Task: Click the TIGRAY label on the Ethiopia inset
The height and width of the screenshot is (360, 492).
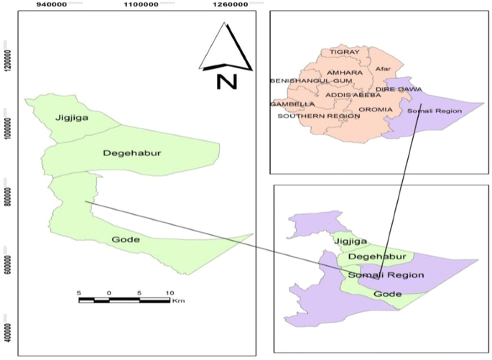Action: [x=343, y=52]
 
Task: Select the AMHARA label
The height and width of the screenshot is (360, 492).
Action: [x=344, y=73]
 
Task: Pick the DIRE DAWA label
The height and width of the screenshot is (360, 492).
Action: [x=399, y=89]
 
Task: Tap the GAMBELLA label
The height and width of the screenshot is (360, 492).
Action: [x=288, y=104]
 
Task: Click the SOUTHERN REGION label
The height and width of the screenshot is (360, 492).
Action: [x=308, y=116]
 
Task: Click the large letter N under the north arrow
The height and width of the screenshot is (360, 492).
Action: [x=226, y=80]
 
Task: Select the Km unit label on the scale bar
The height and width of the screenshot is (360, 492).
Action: [x=179, y=301]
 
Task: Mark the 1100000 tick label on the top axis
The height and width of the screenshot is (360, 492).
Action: [x=140, y=4]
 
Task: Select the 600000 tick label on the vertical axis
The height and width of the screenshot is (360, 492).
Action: [x=6, y=263]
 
